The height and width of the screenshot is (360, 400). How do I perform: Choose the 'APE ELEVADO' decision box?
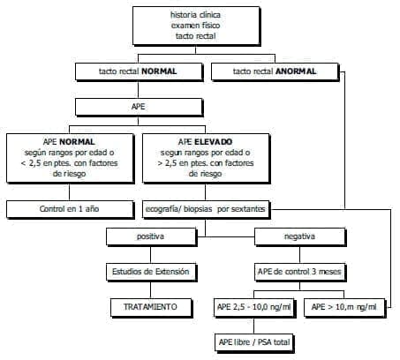204,156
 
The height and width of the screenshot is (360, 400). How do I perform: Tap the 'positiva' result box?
150,236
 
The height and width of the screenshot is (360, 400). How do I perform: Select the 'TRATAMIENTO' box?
150,306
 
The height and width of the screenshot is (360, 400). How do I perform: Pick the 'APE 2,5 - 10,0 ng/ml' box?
253,306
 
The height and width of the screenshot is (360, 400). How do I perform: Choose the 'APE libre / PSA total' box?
253,341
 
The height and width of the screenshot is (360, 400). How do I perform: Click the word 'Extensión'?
170,272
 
